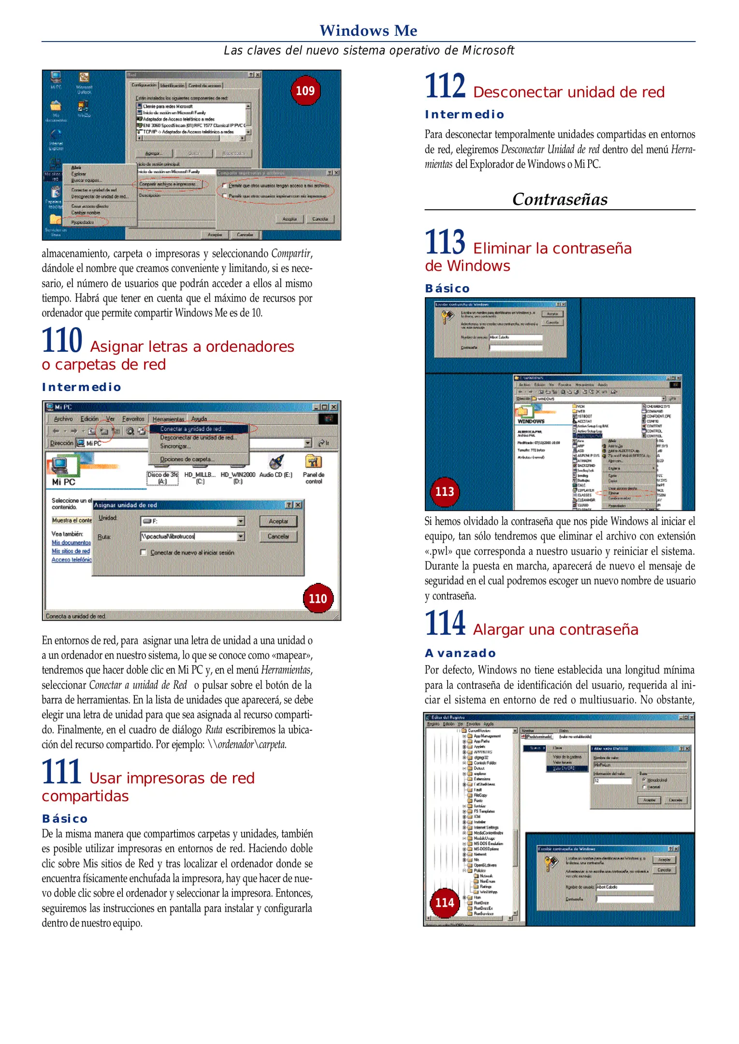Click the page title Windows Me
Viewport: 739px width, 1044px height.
(x=368, y=30)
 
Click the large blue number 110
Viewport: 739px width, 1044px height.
(x=62, y=341)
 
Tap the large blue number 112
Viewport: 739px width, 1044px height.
(x=445, y=86)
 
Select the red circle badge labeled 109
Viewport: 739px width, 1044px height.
(x=305, y=90)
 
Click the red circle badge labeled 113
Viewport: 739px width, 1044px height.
(x=444, y=492)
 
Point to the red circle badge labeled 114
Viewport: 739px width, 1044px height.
(x=444, y=902)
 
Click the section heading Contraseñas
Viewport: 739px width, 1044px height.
(x=560, y=199)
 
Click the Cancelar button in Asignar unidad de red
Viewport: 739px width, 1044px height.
(x=278, y=536)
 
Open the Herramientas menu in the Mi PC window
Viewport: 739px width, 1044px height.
(x=168, y=419)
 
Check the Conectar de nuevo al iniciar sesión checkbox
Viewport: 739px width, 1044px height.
(x=144, y=552)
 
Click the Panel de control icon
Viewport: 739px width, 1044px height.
(x=313, y=463)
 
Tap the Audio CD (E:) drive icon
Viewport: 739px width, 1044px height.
(x=276, y=463)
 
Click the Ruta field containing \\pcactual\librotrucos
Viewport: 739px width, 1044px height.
(x=188, y=536)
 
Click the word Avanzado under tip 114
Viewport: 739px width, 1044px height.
(x=460, y=653)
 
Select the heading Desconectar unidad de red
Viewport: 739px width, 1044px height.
(x=568, y=92)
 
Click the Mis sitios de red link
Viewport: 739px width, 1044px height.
(x=71, y=551)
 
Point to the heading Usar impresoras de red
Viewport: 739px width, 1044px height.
(x=172, y=778)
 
